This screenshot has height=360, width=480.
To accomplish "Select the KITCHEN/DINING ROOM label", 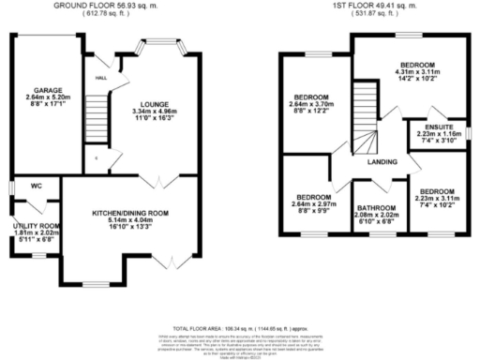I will [130, 214].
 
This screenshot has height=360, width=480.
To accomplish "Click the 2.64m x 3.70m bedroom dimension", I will [310, 105].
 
